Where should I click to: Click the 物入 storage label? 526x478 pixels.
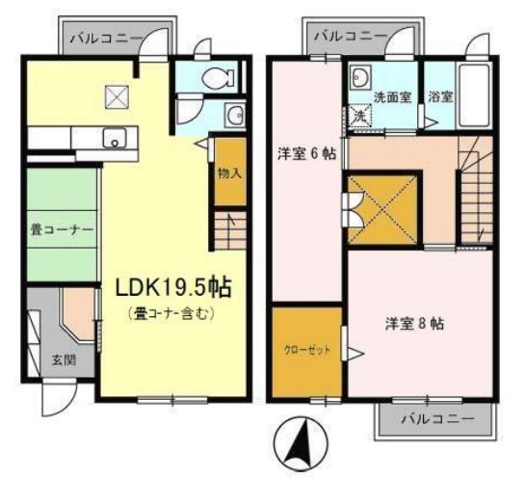pos(229,174)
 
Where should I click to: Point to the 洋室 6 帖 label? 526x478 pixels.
pos(306,153)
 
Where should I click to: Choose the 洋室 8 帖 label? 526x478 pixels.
pos(415,322)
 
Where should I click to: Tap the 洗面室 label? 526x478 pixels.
pos(392,96)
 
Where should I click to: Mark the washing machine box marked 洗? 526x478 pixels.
pos(358,115)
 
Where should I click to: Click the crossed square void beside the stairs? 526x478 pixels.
pos(383,208)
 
